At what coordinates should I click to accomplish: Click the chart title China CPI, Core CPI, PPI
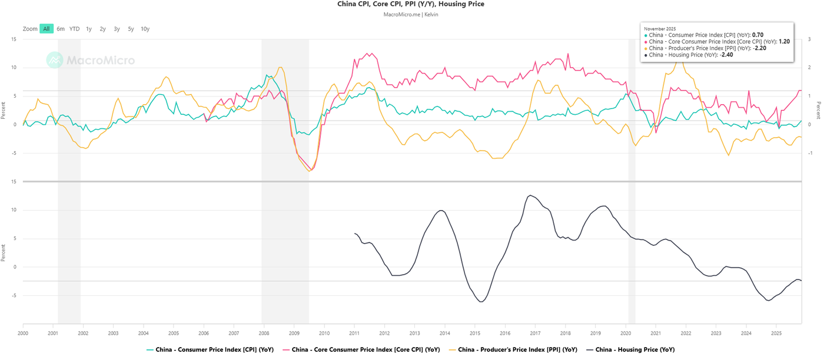point(411,4)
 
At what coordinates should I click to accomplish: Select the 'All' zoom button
point(46,29)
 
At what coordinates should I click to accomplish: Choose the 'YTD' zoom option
point(74,29)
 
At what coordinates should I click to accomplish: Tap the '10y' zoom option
point(145,29)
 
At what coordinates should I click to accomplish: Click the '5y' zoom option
point(131,29)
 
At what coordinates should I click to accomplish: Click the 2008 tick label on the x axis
point(264,333)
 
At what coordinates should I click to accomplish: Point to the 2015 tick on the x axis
point(474,333)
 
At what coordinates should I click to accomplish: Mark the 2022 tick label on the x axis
point(686,333)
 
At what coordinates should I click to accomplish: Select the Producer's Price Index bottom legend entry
point(513,349)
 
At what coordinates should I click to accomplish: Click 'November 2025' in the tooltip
point(660,28)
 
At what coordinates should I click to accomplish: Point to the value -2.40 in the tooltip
point(726,55)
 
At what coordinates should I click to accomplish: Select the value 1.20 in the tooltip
point(784,42)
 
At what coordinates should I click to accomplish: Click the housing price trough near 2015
point(481,302)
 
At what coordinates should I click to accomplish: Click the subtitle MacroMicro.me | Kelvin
point(411,14)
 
